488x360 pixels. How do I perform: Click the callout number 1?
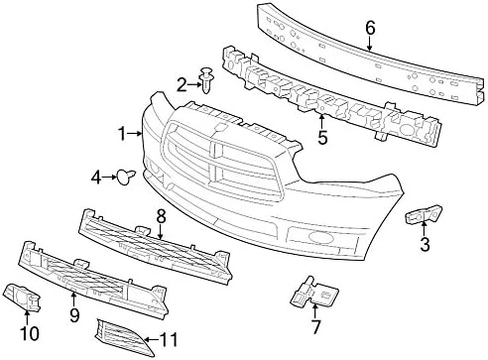[122, 134]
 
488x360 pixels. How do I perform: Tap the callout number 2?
[182, 85]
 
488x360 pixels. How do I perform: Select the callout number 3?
[425, 245]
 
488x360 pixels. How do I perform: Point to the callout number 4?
[96, 179]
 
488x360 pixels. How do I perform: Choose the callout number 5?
[322, 138]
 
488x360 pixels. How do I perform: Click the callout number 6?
[370, 28]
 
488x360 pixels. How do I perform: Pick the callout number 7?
[315, 327]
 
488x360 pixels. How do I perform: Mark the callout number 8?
[161, 217]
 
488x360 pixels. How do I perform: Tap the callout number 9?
[74, 315]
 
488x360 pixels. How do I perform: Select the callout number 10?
[29, 333]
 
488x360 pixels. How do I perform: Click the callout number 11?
[169, 340]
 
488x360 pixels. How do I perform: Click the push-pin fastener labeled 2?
[207, 80]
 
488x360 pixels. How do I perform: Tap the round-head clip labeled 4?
[126, 177]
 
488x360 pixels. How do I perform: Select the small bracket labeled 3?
[424, 213]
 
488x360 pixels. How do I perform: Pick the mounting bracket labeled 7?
[313, 291]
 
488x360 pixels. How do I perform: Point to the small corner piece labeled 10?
[23, 298]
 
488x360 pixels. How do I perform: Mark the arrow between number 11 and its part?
[152, 340]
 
